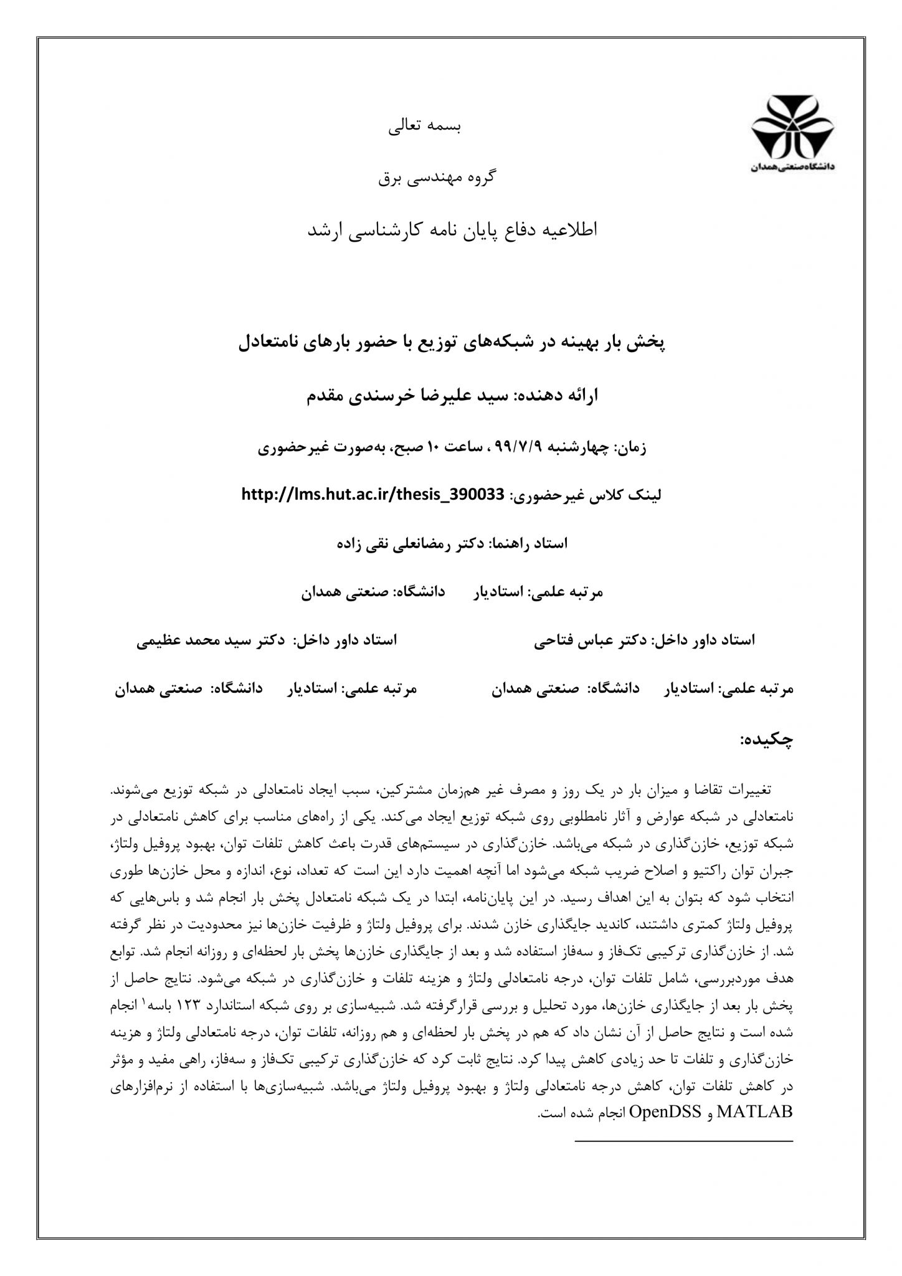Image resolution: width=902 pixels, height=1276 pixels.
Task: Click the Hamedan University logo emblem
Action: [791, 127]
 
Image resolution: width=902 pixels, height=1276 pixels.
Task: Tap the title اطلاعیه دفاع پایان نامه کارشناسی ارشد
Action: [453, 231]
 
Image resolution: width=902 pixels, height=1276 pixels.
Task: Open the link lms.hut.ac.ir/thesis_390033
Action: [372, 495]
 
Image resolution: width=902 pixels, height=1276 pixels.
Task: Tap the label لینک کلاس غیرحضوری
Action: [587, 495]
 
